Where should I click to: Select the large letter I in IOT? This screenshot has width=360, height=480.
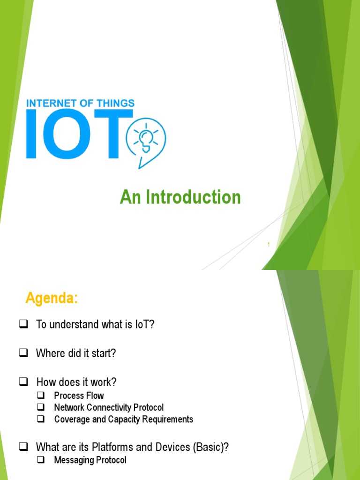(32, 134)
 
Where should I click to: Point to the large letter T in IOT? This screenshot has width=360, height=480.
(115, 134)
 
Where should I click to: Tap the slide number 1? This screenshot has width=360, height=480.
(269, 244)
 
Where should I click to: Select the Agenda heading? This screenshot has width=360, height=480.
(52, 298)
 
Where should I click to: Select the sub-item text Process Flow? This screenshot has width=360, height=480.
(79, 396)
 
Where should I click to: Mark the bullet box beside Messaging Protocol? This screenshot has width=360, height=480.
(41, 461)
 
